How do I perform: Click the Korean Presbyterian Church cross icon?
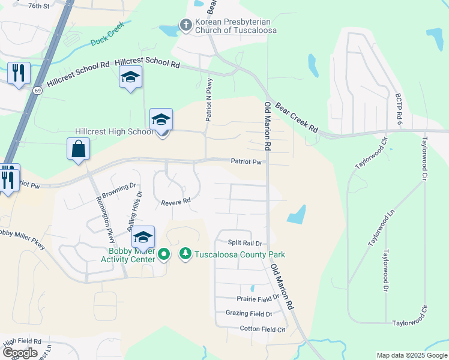coord(186,25)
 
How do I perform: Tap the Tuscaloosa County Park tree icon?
coord(185,254)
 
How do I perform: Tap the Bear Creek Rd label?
coord(296,118)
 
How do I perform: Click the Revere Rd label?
coord(175,202)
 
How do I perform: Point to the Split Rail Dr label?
coord(246,243)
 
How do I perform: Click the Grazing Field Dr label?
coord(249,314)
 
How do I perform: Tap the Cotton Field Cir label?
coord(262,329)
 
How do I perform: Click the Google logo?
coord(20,353)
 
